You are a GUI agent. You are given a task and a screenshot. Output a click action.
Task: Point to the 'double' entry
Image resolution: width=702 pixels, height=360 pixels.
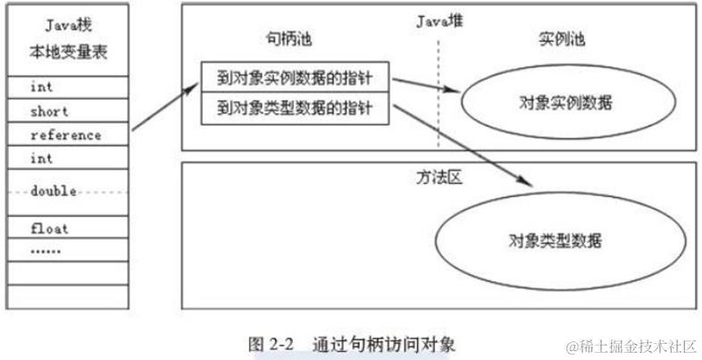click(x=54, y=191)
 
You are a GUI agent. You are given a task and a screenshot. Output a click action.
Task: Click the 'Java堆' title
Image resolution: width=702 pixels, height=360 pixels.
click(x=439, y=20)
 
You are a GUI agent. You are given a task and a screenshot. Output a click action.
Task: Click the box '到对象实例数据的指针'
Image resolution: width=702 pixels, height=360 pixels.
click(x=295, y=77)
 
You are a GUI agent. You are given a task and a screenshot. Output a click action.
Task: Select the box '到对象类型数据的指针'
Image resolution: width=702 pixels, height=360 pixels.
click(x=295, y=109)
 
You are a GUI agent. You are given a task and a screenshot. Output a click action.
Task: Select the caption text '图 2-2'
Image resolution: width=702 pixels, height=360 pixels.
click(x=270, y=342)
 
